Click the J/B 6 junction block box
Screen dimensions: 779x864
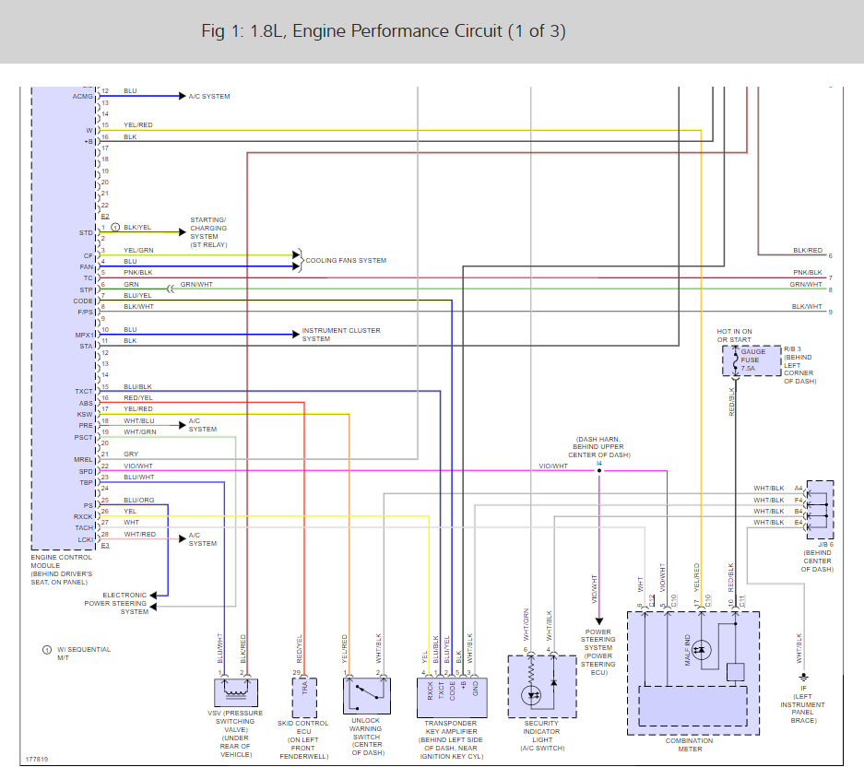tap(820, 509)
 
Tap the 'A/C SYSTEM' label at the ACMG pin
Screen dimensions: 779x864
tap(209, 96)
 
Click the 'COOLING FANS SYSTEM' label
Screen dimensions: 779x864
tap(346, 261)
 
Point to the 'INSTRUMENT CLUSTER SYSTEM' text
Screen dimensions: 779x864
tap(340, 335)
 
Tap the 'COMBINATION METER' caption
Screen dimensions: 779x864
tap(690, 745)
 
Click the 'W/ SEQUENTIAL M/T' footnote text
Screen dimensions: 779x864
tap(84, 654)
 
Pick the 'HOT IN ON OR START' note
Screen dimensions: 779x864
tap(735, 336)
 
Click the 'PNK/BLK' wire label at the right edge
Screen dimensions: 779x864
tap(807, 273)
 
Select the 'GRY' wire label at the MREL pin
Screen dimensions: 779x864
tap(131, 454)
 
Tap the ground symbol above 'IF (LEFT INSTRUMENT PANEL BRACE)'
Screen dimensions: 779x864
tap(803, 676)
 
